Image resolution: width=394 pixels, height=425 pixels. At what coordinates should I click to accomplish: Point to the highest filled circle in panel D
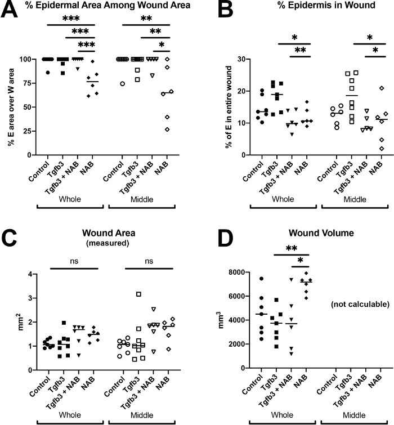(245, 279)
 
